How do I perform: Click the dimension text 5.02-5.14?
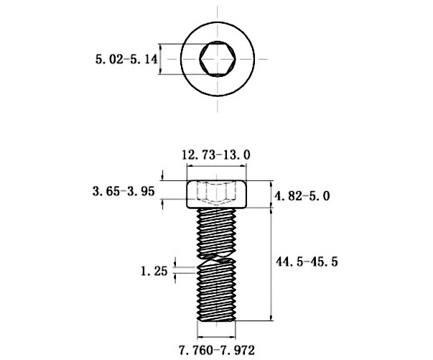(x=126, y=60)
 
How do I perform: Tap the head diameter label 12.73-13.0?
(x=216, y=155)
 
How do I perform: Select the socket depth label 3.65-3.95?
(x=124, y=191)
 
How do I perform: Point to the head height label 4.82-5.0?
(x=302, y=196)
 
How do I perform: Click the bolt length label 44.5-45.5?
(x=307, y=262)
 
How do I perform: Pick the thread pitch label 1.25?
(x=154, y=271)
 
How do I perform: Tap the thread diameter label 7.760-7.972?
(x=217, y=351)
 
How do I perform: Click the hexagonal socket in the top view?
(x=218, y=59)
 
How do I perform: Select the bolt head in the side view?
(x=217, y=194)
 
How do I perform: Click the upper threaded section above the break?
(x=217, y=233)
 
